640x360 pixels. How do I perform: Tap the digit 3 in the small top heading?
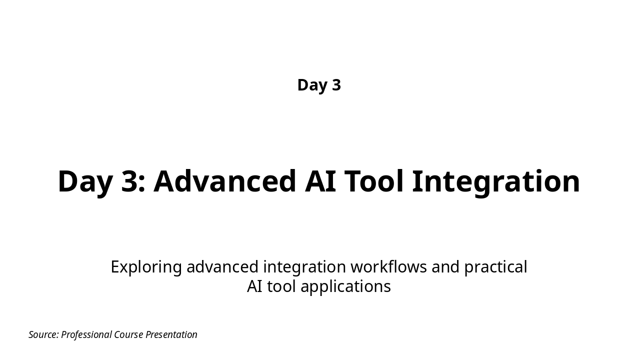[336, 85]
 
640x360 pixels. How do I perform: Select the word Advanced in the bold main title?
[224, 181]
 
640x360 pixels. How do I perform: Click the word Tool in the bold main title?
[374, 181]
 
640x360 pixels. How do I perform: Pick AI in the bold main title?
[320, 181]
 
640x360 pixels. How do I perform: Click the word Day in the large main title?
[85, 183]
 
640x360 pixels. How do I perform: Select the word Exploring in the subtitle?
[146, 267]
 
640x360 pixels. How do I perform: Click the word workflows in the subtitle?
[388, 267]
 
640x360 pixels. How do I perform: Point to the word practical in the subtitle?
[495, 267]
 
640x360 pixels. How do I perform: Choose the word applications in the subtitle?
[345, 287]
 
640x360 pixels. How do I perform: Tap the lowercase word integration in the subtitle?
[304, 267]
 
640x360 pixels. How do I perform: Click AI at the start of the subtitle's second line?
[254, 286]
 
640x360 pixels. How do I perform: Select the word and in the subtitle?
[445, 267]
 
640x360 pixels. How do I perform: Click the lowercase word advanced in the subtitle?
[222, 267]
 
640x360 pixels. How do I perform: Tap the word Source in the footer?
[43, 334]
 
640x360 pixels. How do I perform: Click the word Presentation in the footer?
[171, 334]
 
